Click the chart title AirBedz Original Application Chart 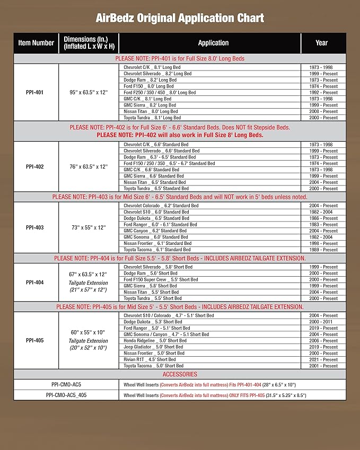[x=180, y=18]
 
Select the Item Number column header [x=36, y=43]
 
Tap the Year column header [x=321, y=43]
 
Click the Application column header [x=213, y=43]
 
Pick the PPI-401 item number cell [x=35, y=93]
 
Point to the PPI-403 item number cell [x=35, y=227]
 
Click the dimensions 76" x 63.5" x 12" [x=88, y=166]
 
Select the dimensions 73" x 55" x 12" [x=88, y=227]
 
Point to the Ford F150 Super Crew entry [x=161, y=279]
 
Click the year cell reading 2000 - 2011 [x=323, y=322]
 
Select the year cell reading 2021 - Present [x=323, y=359]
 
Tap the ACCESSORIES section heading [x=180, y=374]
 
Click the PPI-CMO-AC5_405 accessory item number [x=66, y=395]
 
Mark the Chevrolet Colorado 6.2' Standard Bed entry [x=161, y=206]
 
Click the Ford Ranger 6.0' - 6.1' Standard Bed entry [x=160, y=224]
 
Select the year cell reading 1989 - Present [x=323, y=249]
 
